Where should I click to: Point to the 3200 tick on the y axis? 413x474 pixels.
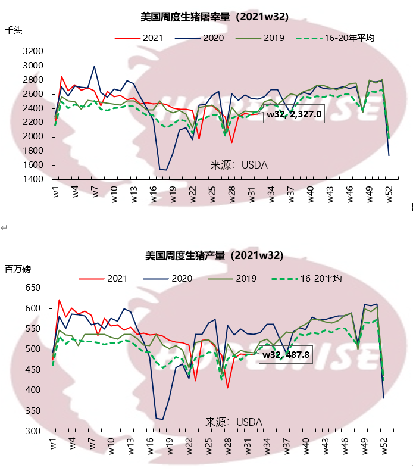[33, 52]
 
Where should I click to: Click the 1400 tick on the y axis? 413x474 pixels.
[33, 179]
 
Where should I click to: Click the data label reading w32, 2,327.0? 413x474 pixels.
[294, 114]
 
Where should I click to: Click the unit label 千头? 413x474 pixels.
[13, 29]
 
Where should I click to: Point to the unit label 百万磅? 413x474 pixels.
[17, 269]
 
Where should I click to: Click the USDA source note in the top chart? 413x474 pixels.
[239, 164]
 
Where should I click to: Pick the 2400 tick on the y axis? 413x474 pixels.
[33, 108]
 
